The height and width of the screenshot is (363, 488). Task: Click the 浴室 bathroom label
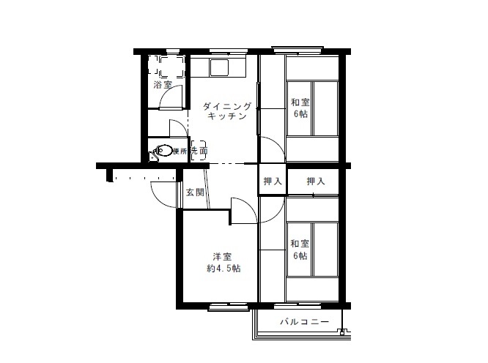163,85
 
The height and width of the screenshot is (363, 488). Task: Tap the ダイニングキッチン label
227,111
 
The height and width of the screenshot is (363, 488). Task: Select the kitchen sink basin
219,68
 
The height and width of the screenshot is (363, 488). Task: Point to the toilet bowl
165,151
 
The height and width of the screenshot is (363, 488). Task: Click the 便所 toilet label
180,151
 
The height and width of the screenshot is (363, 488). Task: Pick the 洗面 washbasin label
199,151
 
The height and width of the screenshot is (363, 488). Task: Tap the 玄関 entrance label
195,192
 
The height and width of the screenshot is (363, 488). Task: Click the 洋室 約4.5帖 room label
223,263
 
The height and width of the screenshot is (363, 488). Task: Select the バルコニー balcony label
304,321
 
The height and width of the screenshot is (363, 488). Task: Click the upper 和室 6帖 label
300,108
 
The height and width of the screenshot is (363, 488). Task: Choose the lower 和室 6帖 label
300,250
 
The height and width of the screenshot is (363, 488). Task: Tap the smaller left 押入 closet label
273,181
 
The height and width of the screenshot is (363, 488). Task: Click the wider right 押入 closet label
316,181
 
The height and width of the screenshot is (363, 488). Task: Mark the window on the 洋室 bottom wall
229,307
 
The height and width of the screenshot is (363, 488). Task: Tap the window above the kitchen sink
229,51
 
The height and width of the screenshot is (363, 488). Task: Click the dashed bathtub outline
171,66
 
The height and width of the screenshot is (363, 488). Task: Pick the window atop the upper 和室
297,50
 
